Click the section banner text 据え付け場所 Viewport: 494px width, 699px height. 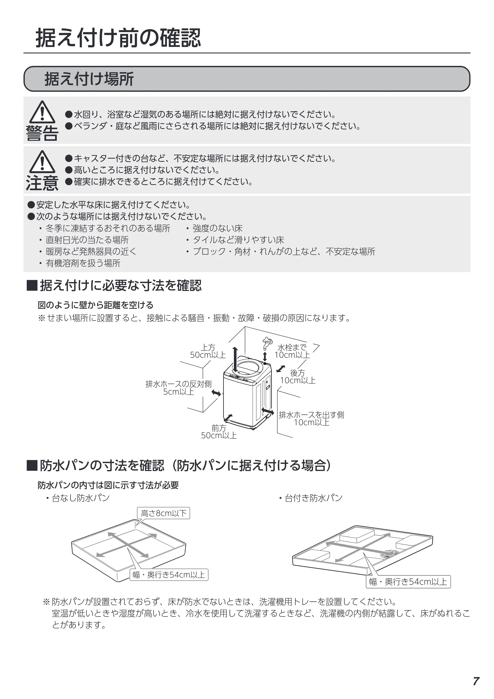pyautogui.click(x=89, y=79)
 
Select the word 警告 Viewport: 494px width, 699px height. pyautogui.click(x=42, y=133)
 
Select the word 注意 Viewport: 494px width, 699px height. pyautogui.click(x=42, y=183)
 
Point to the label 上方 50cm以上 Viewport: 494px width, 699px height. pyautogui.click(x=208, y=351)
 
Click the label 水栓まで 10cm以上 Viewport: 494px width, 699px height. pyautogui.click(x=292, y=351)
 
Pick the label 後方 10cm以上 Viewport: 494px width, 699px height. pyautogui.click(x=298, y=377)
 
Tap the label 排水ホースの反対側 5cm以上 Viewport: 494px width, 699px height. pyautogui.click(x=178, y=388)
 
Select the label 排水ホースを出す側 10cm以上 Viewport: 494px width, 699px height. pyautogui.click(x=311, y=419)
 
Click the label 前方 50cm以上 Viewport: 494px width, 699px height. pyautogui.click(x=219, y=432)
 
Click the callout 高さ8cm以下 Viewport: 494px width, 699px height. pyautogui.click(x=164, y=513)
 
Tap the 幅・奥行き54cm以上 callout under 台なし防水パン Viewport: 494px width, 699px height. pyautogui.click(x=169, y=575)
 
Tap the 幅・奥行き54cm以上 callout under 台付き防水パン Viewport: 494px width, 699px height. pyautogui.click(x=408, y=581)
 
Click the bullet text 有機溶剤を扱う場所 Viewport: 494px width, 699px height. pyautogui.click(x=83, y=263)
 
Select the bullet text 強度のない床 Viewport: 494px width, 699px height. pyautogui.click(x=218, y=228)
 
